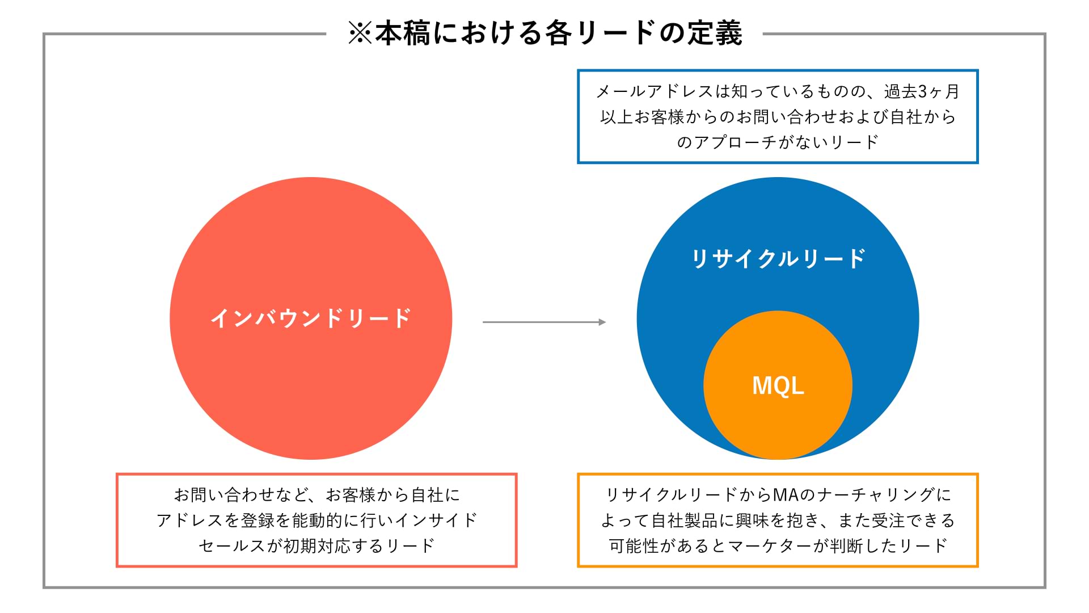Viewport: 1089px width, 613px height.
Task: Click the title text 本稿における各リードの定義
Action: click(559, 33)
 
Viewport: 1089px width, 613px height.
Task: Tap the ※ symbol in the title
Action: click(360, 33)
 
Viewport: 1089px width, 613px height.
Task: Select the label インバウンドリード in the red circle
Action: click(311, 318)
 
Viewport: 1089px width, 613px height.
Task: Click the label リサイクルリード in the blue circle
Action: click(778, 258)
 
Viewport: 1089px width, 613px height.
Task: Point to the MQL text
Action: click(778, 386)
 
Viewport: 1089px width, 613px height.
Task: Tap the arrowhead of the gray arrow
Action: click(602, 322)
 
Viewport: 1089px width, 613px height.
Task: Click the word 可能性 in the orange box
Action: click(634, 546)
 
